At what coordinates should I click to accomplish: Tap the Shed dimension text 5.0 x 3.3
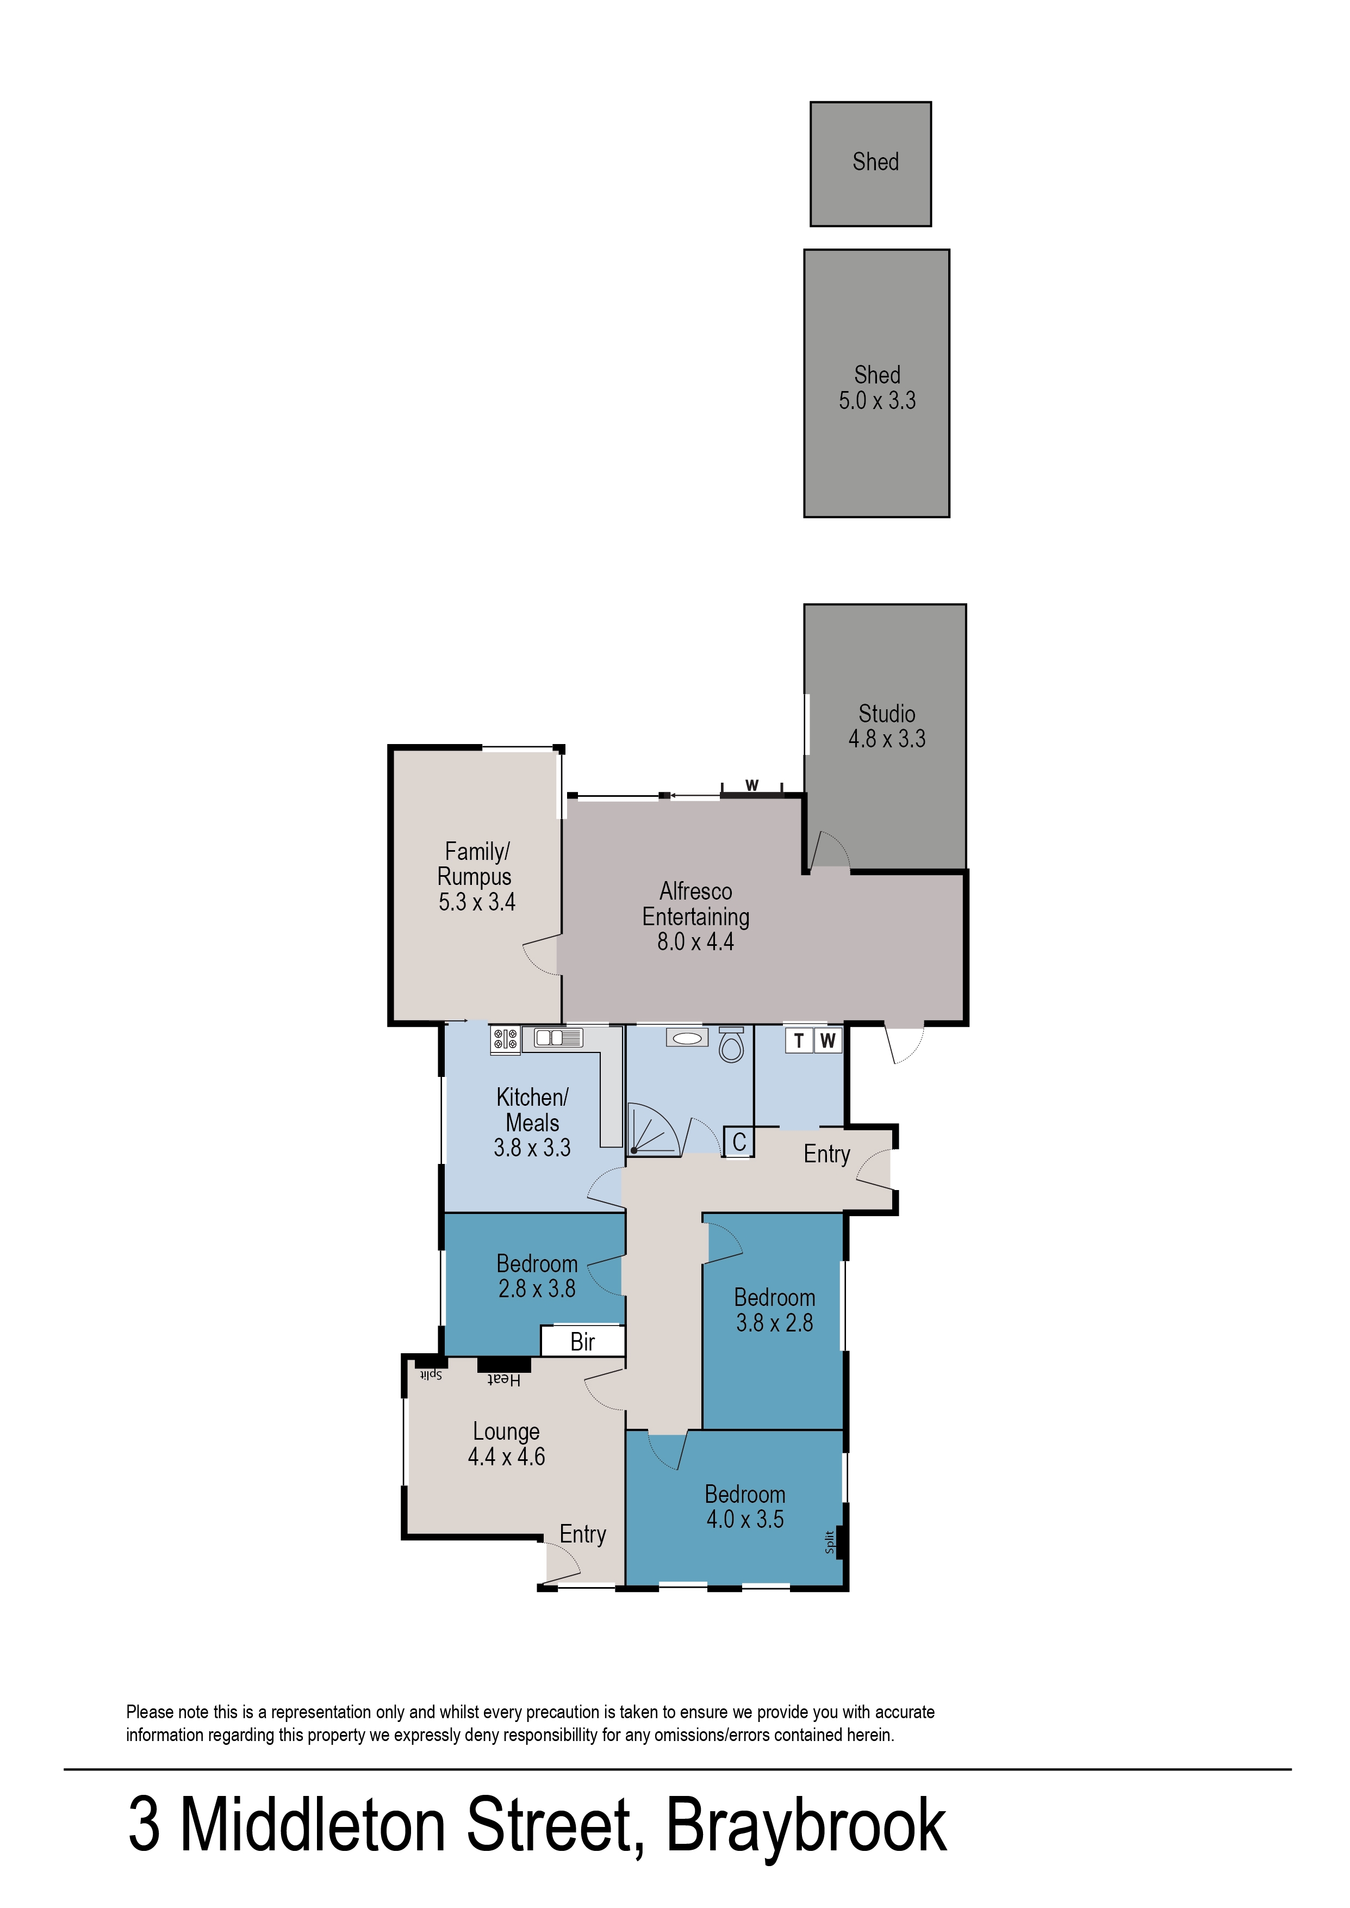(877, 401)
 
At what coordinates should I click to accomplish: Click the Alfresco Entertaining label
(696, 904)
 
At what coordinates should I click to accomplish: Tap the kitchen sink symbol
(558, 1038)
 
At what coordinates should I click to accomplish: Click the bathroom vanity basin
(687, 1038)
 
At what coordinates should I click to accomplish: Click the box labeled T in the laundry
(799, 1041)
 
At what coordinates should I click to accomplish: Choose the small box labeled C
(739, 1142)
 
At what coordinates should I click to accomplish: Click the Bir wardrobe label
(583, 1342)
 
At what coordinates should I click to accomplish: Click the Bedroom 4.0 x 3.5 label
(745, 1507)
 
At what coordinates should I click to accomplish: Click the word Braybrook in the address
(806, 1826)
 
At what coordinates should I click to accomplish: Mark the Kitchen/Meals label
(532, 1110)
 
